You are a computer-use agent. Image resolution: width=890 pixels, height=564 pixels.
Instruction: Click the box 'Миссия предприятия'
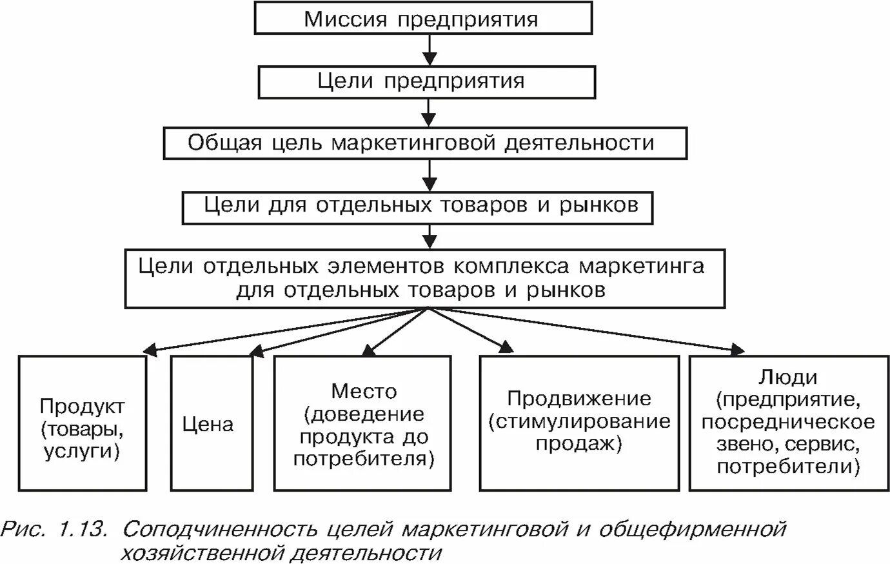pos(423,19)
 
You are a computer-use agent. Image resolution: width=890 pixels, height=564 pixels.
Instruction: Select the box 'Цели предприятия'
pos(426,82)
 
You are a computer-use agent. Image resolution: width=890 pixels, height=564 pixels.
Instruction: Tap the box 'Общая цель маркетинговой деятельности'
pos(425,143)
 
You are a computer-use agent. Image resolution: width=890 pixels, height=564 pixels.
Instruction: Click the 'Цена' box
pos(211,423)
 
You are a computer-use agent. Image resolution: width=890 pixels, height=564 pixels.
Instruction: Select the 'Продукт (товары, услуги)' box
pos(83,423)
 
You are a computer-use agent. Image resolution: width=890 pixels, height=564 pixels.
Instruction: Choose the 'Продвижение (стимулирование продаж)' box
pos(579,423)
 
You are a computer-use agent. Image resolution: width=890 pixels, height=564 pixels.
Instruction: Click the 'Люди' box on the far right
pos(788,423)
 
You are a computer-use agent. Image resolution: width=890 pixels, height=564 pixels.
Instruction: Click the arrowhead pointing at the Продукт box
pos(150,350)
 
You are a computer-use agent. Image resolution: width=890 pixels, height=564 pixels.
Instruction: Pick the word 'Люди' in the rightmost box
pos(788,378)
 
